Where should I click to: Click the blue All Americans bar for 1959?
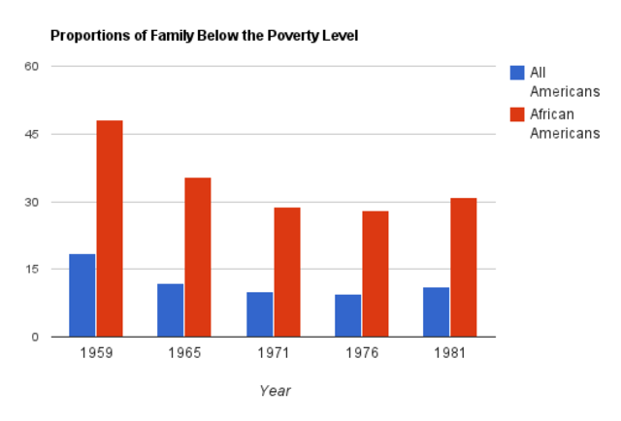click(82, 296)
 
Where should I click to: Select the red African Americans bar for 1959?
click(110, 229)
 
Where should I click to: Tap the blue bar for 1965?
click(171, 310)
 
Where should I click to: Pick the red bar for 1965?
click(198, 257)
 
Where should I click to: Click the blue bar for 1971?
click(260, 314)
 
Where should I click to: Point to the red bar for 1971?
click(287, 273)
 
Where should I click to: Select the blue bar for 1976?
click(348, 315)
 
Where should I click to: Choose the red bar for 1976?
click(376, 275)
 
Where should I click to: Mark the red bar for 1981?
click(464, 268)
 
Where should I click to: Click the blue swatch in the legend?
click(517, 72)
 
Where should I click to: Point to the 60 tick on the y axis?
click(31, 66)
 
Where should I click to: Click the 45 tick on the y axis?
click(31, 134)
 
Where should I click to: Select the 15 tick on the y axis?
click(31, 270)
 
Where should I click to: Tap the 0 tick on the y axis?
click(34, 338)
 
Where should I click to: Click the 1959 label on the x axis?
click(96, 354)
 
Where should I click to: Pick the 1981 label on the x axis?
click(450, 354)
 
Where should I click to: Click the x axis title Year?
click(275, 391)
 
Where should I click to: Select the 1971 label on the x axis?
click(274, 354)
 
